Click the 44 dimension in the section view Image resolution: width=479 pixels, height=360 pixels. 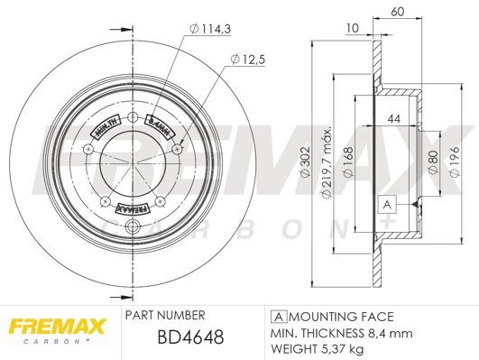coord(393,119)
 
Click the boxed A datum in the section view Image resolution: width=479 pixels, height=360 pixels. coord(388,204)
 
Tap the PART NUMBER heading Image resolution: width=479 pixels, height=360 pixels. coord(163,316)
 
